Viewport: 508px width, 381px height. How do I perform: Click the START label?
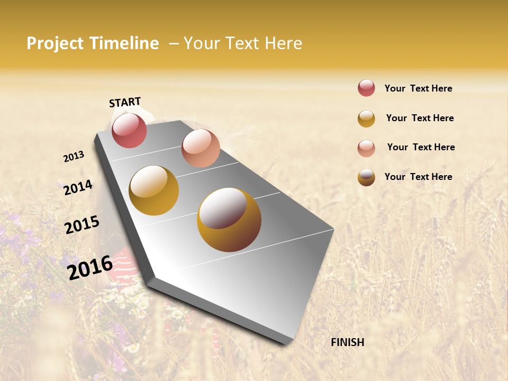point(125,102)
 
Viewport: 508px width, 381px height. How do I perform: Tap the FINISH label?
point(348,342)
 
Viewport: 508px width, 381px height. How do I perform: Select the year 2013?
point(74,157)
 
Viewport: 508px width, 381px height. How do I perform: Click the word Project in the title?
point(56,43)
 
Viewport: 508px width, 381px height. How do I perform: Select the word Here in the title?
point(283,43)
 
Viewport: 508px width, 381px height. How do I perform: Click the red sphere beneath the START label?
point(129,130)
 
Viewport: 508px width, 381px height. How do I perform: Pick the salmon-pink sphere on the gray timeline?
point(201,148)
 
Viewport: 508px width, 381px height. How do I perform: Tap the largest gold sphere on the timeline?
point(229,220)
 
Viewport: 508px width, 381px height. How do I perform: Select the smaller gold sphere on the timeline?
point(154,190)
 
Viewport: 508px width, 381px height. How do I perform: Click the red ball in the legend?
point(366,88)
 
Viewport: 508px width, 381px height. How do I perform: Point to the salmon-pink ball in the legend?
point(366,148)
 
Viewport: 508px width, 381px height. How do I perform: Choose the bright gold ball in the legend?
point(366,119)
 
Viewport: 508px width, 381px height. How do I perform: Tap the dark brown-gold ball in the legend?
point(366,177)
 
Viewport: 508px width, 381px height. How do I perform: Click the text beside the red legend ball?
point(418,89)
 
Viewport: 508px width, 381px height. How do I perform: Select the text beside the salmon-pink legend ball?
point(421,147)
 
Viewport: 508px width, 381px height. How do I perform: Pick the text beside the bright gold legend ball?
point(420,118)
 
